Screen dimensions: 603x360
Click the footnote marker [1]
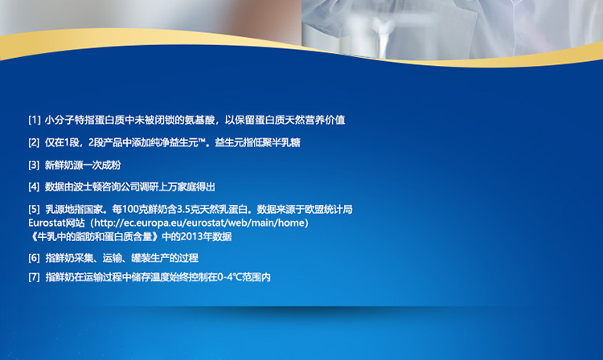(35, 120)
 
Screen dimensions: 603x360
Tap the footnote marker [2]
(35, 142)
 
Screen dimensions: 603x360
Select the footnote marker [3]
(35, 166)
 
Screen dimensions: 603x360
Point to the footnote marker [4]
(35, 186)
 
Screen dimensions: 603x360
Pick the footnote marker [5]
(35, 210)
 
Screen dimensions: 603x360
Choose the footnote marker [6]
(35, 258)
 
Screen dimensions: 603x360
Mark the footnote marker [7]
(35, 277)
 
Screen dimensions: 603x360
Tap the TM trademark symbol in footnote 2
(203, 141)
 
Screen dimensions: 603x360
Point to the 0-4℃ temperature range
(230, 277)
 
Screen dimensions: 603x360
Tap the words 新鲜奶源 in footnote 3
(64, 166)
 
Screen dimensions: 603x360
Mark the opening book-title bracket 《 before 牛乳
(33, 237)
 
